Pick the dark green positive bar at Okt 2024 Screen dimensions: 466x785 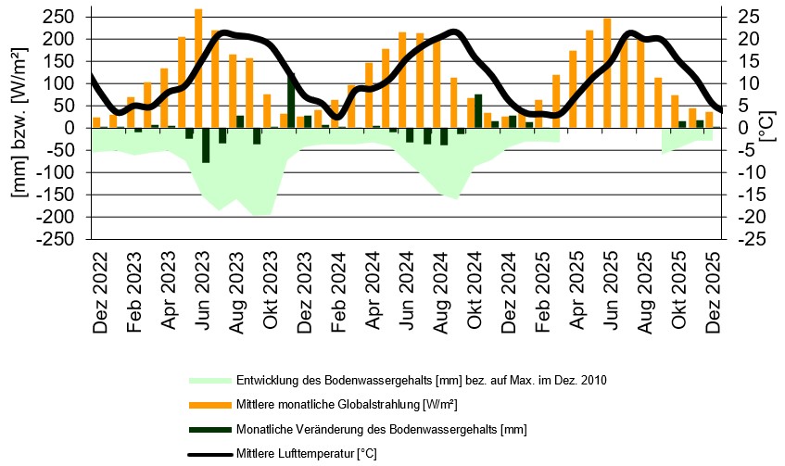coord(478,111)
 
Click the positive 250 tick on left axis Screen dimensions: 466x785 coord(66,17)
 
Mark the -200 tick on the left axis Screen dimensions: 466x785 coord(63,217)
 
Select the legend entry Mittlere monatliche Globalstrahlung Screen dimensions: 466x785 coord(347,405)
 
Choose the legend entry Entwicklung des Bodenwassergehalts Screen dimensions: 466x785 coord(421,381)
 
